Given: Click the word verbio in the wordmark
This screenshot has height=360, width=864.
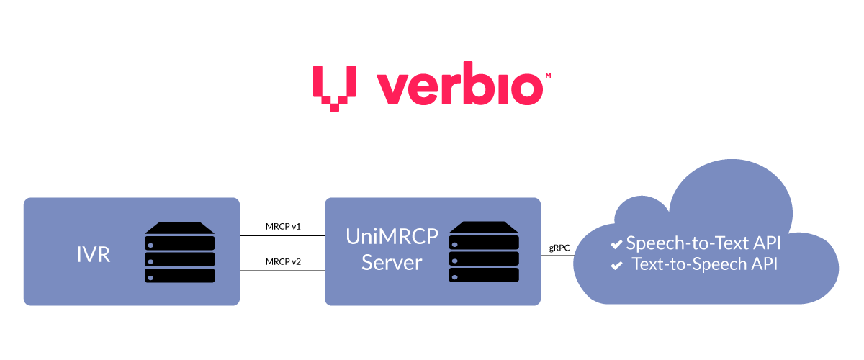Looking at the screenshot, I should pos(459,89).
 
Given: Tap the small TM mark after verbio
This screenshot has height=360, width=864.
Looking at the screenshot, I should pos(548,76).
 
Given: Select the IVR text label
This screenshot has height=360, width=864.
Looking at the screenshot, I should pos(93,254).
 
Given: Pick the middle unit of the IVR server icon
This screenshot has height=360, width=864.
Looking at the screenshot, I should pos(179,258).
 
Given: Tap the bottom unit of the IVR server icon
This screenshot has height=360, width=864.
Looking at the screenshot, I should pos(179,275).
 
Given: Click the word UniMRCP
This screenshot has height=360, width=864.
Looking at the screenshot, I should pos(392,236).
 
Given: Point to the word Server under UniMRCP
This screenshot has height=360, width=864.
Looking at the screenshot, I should pos(392,262).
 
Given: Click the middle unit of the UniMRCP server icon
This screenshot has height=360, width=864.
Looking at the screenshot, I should pos(484,258).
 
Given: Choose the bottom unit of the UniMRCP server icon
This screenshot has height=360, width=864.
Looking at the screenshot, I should pos(484,275).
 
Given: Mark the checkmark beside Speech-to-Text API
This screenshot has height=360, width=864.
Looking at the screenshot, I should pos(616,245).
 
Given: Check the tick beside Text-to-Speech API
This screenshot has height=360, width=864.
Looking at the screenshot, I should pos(616,266).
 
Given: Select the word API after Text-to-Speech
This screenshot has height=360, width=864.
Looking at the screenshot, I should pos(763,264).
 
